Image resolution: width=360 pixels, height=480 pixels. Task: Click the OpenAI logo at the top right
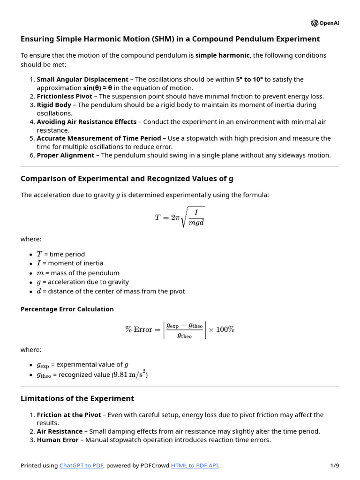(324, 23)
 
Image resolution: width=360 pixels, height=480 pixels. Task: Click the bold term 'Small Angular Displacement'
(82, 79)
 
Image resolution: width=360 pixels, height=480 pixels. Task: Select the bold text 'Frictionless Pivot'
(65, 96)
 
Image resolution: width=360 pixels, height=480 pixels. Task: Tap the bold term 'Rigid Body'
(54, 105)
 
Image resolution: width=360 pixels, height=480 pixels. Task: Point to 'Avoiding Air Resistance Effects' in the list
(87, 121)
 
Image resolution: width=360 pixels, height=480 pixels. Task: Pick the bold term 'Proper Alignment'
(66, 155)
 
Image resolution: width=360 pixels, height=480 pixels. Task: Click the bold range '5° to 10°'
(249, 79)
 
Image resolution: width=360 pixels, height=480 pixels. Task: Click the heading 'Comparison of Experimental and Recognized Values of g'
(127, 179)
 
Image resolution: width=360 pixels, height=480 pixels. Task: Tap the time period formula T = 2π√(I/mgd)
(180, 217)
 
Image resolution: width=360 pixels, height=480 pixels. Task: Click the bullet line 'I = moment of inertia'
(70, 263)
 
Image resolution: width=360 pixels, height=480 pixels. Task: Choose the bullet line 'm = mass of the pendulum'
(78, 273)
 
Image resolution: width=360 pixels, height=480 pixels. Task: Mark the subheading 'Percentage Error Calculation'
(67, 309)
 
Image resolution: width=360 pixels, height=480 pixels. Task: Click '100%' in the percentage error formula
(225, 330)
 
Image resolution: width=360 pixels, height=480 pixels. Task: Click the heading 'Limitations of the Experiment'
(77, 398)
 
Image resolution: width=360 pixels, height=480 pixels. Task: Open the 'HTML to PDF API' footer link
(195, 465)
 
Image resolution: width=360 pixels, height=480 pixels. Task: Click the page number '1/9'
(334, 465)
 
